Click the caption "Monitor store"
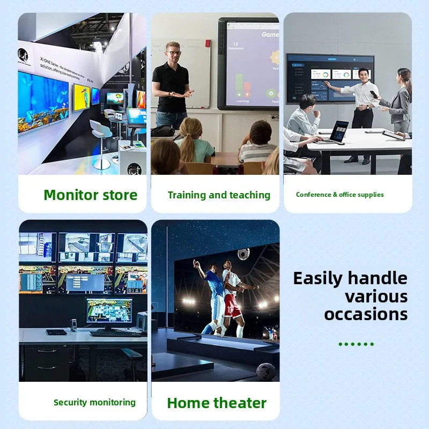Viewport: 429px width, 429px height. pos(91,195)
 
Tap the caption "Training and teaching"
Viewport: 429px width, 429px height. pos(219,195)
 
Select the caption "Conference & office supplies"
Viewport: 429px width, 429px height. pos(340,195)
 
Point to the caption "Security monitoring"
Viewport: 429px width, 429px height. pos(94,402)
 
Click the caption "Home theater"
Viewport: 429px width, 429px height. pos(217,403)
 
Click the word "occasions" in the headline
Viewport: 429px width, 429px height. pos(366,314)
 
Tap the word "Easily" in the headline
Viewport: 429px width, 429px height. pos(318,278)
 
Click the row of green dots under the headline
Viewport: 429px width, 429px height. pos(357,344)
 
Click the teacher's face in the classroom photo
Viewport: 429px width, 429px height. pos(173,53)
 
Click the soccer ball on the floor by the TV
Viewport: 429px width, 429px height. pos(266,371)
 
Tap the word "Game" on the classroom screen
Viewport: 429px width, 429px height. pos(269,34)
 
